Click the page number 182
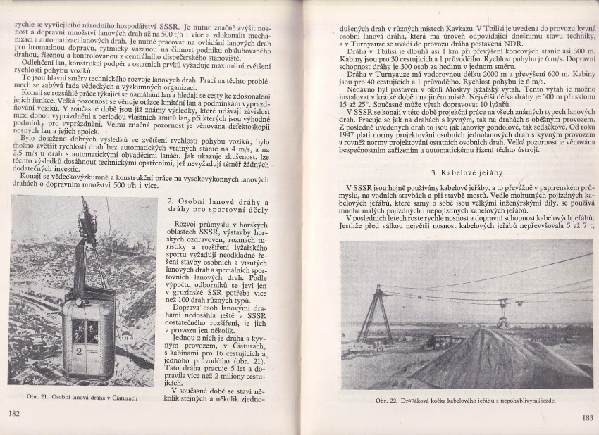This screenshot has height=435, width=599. pyautogui.click(x=13, y=412)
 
